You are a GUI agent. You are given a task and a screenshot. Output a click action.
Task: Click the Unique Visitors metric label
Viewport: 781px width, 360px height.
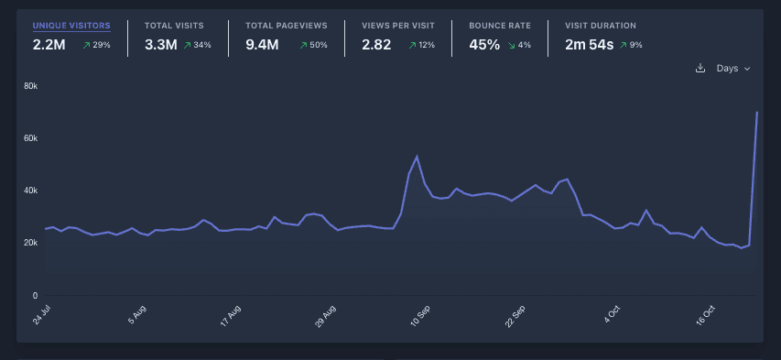click(x=71, y=26)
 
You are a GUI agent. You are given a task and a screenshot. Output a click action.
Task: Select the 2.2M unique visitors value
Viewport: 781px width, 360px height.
click(x=49, y=44)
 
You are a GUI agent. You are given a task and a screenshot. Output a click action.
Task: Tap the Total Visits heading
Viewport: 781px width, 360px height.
click(x=174, y=26)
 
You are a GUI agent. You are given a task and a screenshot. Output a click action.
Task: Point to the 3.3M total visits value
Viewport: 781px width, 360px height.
click(x=160, y=44)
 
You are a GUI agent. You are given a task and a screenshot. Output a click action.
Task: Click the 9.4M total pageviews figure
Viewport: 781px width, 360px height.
click(x=262, y=44)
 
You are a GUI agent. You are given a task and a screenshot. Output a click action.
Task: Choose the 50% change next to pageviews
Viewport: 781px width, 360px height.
click(x=314, y=45)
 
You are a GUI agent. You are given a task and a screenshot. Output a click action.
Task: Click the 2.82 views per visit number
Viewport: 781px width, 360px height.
click(x=377, y=44)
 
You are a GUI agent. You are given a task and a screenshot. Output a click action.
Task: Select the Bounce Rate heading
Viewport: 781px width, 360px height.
click(x=500, y=26)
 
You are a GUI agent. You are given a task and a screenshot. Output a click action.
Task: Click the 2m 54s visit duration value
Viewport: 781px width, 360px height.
click(x=589, y=44)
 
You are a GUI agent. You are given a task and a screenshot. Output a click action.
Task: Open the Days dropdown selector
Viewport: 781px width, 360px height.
click(x=733, y=69)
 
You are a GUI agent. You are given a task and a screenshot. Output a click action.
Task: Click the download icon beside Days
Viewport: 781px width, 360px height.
click(x=700, y=69)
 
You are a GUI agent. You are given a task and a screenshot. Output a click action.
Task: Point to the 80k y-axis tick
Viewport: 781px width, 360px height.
click(x=30, y=86)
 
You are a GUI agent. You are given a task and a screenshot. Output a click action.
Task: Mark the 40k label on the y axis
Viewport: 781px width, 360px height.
click(x=30, y=191)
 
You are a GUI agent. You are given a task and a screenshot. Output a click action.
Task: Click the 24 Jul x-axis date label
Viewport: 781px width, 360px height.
click(x=42, y=316)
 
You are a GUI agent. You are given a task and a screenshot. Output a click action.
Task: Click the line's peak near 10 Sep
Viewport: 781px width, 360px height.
click(x=417, y=157)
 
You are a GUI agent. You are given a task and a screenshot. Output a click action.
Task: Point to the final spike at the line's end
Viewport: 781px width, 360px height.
click(x=757, y=113)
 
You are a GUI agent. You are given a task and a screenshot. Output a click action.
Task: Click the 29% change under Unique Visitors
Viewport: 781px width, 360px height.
click(x=95, y=45)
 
